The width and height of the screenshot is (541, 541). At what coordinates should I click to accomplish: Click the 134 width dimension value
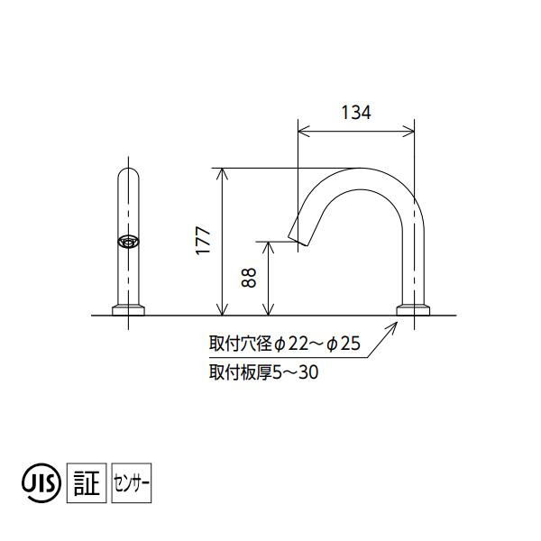click(357, 113)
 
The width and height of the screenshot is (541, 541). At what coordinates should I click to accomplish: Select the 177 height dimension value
click(204, 241)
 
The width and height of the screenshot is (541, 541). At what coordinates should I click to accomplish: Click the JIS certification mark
click(41, 483)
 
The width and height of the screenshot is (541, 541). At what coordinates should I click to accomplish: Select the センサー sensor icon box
click(133, 483)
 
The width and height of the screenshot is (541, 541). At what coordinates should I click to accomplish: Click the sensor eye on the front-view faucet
click(129, 242)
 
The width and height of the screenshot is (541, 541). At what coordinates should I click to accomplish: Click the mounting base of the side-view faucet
click(415, 310)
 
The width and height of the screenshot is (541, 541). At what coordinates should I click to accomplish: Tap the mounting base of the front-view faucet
click(129, 310)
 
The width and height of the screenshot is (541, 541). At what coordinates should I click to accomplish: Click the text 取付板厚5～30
click(262, 370)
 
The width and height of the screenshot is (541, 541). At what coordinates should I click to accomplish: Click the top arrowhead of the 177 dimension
click(221, 171)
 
